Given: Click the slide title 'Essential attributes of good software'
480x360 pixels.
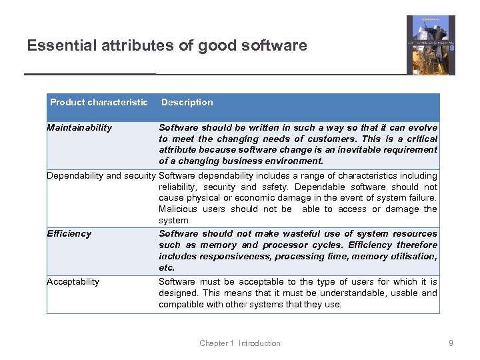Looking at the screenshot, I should point(167,45).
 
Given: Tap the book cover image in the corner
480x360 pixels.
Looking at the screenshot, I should point(431,45).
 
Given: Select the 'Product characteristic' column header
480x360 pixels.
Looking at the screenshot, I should point(99,102).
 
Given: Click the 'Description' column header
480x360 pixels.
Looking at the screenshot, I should point(187,102).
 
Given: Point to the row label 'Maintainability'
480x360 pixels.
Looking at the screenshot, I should point(79,127).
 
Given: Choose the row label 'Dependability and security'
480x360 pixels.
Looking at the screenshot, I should point(101,175).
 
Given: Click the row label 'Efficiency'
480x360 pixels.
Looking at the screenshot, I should point(69,233).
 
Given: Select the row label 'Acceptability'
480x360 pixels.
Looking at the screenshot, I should point(73,281).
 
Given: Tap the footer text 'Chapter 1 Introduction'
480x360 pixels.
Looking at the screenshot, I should point(240,343).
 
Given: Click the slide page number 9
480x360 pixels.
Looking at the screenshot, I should point(451,343).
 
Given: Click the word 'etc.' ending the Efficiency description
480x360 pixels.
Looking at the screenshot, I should point(167,267).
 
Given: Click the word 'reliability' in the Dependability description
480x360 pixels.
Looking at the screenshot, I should point(177,187).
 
